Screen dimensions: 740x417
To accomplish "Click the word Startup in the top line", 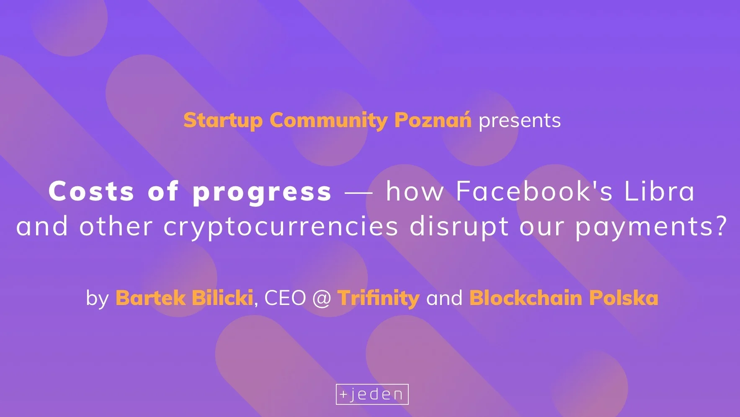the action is pyautogui.click(x=223, y=121).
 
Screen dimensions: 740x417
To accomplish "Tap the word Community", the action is pyautogui.click(x=329, y=121).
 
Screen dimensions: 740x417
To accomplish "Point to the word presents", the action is pyautogui.click(x=519, y=121).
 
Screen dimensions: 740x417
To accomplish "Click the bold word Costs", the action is pyautogui.click(x=91, y=191).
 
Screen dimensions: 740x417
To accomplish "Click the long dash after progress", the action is pyautogui.click(x=358, y=193).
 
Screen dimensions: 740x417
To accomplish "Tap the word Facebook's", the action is pyautogui.click(x=534, y=191).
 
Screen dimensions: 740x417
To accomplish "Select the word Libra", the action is pyautogui.click(x=659, y=191).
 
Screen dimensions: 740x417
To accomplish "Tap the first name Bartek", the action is pyautogui.click(x=150, y=298).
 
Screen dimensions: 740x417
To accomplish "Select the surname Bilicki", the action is pyautogui.click(x=222, y=297).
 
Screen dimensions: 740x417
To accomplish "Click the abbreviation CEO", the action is pyautogui.click(x=285, y=298).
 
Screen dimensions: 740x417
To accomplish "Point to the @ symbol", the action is pyautogui.click(x=322, y=298).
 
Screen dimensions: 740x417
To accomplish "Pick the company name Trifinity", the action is pyautogui.click(x=379, y=298).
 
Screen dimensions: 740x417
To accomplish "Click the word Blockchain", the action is pyautogui.click(x=526, y=297).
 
